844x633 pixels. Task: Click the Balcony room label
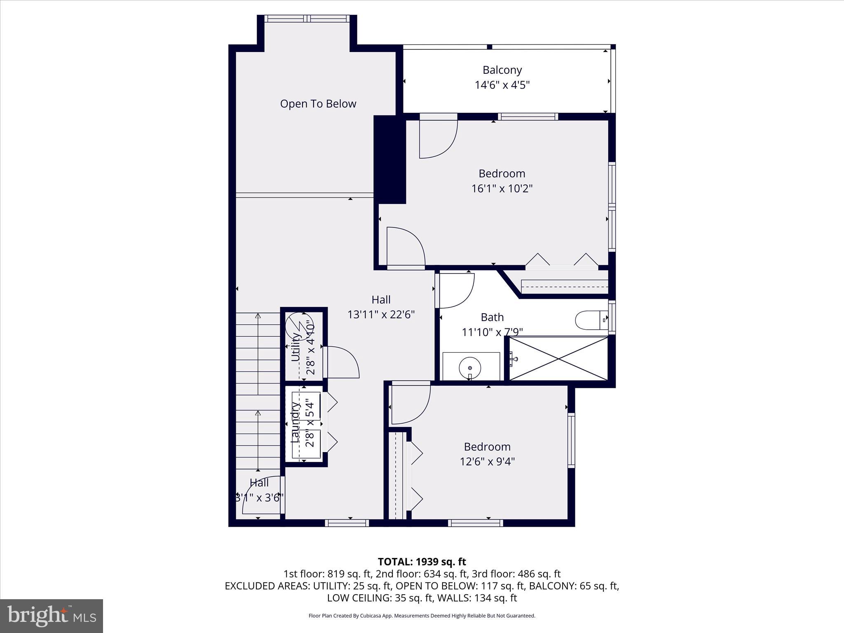click(502, 70)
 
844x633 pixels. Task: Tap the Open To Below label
click(318, 104)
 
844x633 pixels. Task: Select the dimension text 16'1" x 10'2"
click(502, 189)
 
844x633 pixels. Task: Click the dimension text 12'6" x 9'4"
click(487, 462)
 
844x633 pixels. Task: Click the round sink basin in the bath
click(470, 367)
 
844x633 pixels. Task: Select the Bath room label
click(492, 317)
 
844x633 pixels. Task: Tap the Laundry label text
click(295, 422)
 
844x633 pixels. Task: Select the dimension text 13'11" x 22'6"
click(381, 315)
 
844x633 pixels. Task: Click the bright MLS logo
click(52, 616)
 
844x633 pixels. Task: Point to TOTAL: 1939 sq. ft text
click(422, 562)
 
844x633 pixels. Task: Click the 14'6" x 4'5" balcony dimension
click(502, 85)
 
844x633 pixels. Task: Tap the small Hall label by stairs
click(259, 483)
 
